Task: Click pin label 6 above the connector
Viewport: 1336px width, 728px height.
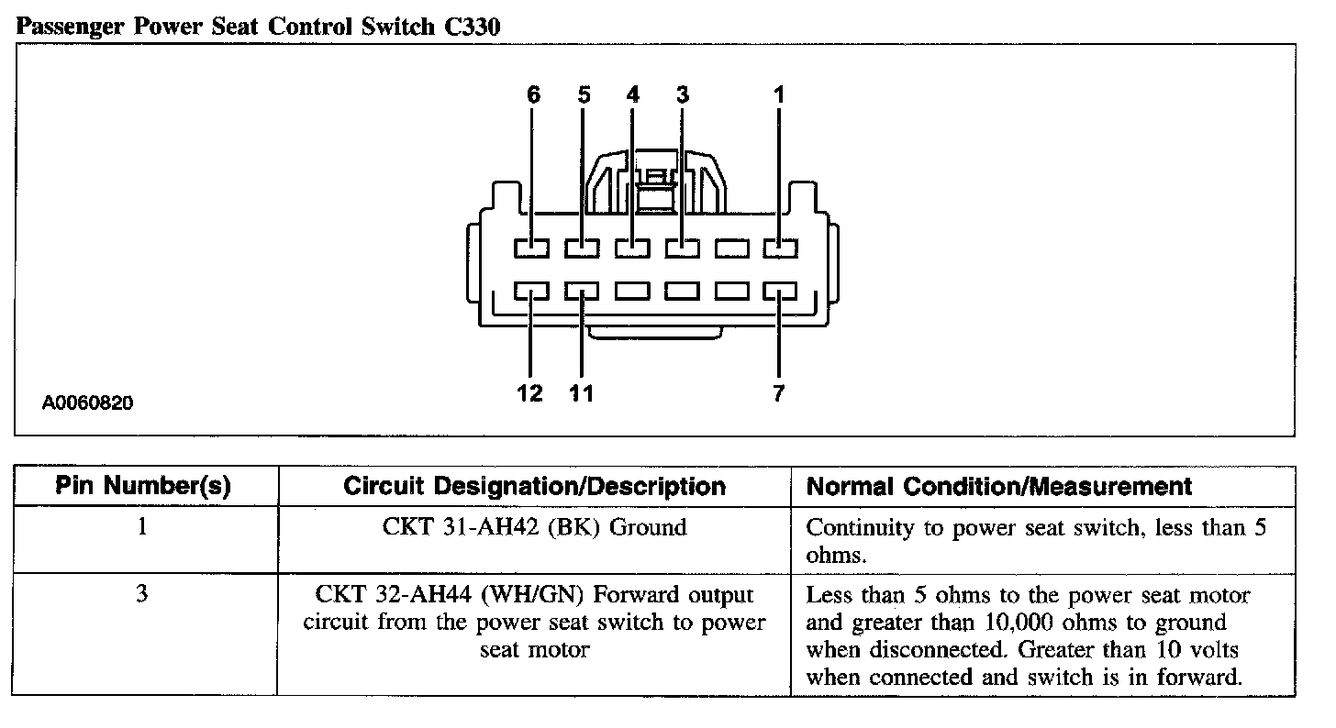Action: [533, 94]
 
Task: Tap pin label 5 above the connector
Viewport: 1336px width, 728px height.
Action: [584, 94]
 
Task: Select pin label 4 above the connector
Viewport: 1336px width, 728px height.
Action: [633, 94]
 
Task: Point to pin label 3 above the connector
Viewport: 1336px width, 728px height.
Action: [683, 94]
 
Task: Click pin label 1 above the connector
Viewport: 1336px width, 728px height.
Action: [779, 94]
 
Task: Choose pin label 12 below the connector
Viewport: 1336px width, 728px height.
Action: [529, 393]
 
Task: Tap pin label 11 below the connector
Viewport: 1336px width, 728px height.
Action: [582, 393]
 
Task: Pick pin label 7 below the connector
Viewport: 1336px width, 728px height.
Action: [778, 393]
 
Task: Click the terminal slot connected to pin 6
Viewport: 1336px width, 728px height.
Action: [531, 248]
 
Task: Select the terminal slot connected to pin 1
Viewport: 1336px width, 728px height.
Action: [780, 248]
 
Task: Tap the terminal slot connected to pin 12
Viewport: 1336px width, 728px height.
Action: [531, 291]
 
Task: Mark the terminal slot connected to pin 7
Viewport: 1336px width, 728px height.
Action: [780, 291]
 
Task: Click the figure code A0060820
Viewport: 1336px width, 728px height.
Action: [88, 403]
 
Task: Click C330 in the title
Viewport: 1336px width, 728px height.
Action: [472, 27]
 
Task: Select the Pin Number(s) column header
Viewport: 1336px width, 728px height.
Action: [143, 486]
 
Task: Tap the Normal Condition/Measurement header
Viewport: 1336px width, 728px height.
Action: [999, 487]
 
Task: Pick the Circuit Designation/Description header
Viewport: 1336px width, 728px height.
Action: [534, 487]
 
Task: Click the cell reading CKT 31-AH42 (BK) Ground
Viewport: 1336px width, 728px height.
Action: [534, 527]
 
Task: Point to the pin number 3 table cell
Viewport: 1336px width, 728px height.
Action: [142, 593]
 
